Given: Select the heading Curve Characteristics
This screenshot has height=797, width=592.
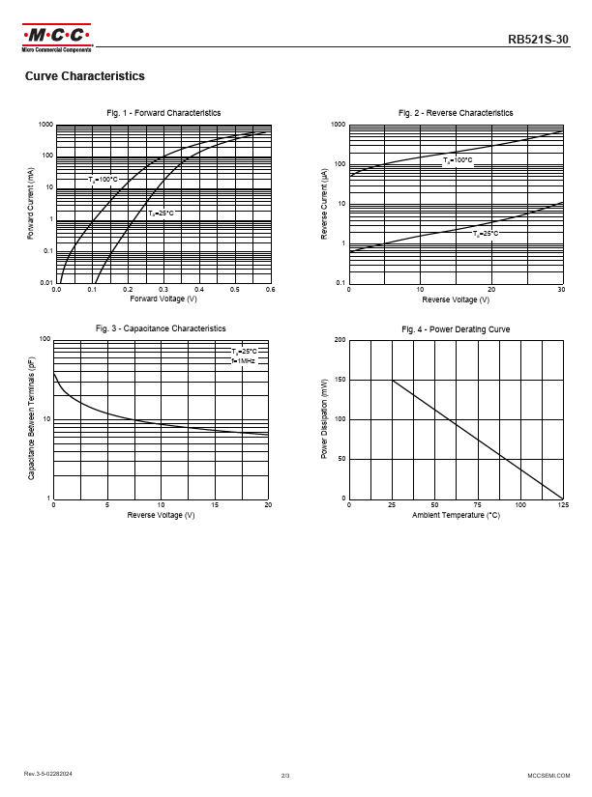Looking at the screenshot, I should (x=85, y=76).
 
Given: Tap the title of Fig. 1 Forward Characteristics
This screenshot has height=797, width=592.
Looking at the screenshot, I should (x=163, y=113).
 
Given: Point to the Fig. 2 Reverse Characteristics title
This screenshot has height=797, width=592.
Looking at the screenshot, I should (x=456, y=113).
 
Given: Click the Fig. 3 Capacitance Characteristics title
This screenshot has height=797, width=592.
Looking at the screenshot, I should (x=161, y=328).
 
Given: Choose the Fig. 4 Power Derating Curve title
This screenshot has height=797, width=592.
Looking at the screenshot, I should (x=456, y=329).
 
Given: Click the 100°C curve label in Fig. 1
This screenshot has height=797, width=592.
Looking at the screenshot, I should (x=104, y=180).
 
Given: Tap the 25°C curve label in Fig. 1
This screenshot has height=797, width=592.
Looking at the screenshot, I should (x=161, y=212).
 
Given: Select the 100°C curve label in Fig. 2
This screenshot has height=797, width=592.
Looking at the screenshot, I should (x=458, y=159).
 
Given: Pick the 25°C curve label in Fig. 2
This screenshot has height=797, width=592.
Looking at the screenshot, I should (x=486, y=233).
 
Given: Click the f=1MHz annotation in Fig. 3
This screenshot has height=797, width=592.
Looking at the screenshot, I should (x=244, y=360).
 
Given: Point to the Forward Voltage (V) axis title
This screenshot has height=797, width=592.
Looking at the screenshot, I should (x=163, y=299).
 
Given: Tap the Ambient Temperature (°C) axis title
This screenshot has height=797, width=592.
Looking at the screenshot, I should (x=456, y=515).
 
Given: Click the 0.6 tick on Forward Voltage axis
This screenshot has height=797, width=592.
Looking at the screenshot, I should (x=270, y=290).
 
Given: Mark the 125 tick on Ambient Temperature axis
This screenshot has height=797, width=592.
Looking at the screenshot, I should (x=562, y=505).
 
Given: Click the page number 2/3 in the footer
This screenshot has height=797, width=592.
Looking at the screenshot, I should (x=285, y=775).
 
